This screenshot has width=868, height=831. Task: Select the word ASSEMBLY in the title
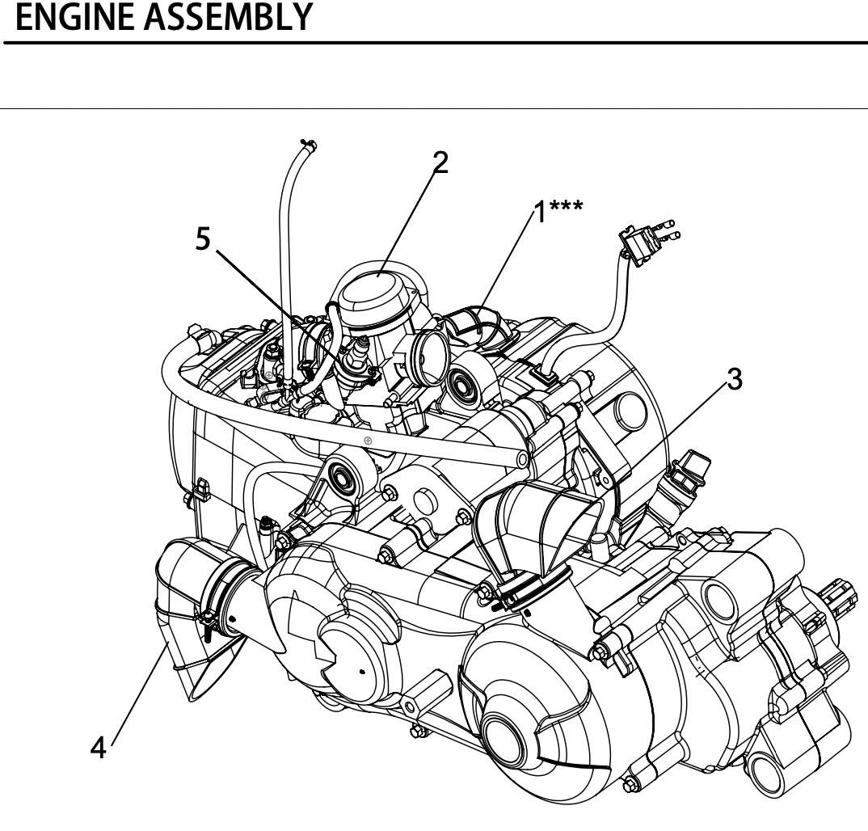[234, 18]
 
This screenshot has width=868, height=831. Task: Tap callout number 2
[440, 162]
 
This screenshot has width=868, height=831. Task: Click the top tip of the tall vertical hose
[308, 145]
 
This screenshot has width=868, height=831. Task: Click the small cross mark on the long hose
[368, 441]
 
